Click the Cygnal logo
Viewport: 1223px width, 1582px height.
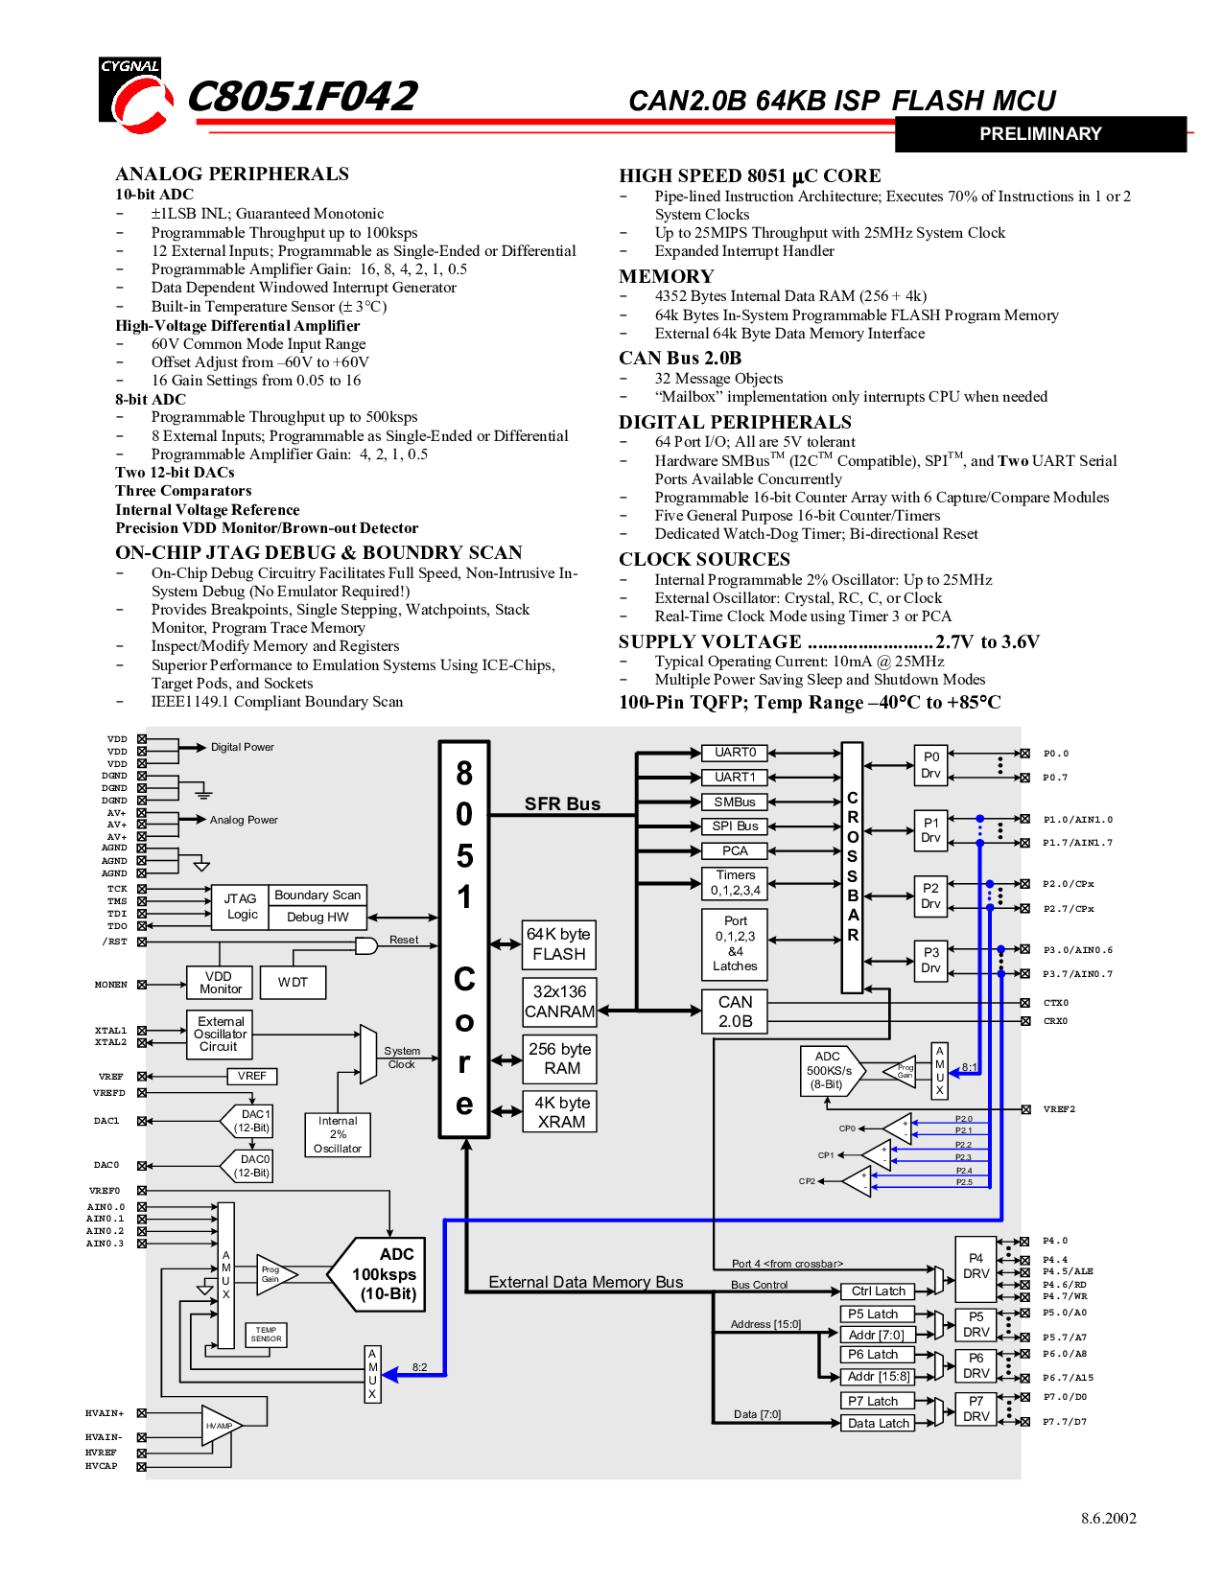click(x=135, y=96)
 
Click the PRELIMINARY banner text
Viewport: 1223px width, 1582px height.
click(x=1040, y=134)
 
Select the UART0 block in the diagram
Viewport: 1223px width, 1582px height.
click(x=735, y=753)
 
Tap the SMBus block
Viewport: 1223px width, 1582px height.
click(x=735, y=802)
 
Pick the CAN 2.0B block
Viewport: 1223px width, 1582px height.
click(x=736, y=1012)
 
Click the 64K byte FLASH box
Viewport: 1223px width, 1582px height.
click(x=559, y=944)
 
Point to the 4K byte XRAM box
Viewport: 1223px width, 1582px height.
click(x=560, y=1112)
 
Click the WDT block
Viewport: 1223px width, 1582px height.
click(x=294, y=983)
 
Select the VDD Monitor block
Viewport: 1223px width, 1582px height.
click(x=221, y=983)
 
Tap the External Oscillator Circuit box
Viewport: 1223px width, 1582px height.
click(x=220, y=1035)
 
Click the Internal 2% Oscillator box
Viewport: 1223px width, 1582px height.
click(x=338, y=1134)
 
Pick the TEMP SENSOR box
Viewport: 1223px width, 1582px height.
click(x=266, y=1335)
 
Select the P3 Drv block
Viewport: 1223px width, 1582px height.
click(x=930, y=960)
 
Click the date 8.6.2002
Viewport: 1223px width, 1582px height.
click(x=1108, y=1519)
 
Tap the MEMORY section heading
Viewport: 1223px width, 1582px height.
click(x=666, y=276)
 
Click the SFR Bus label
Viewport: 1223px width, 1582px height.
click(x=562, y=804)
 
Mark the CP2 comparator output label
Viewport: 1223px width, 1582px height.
click(x=807, y=1181)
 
